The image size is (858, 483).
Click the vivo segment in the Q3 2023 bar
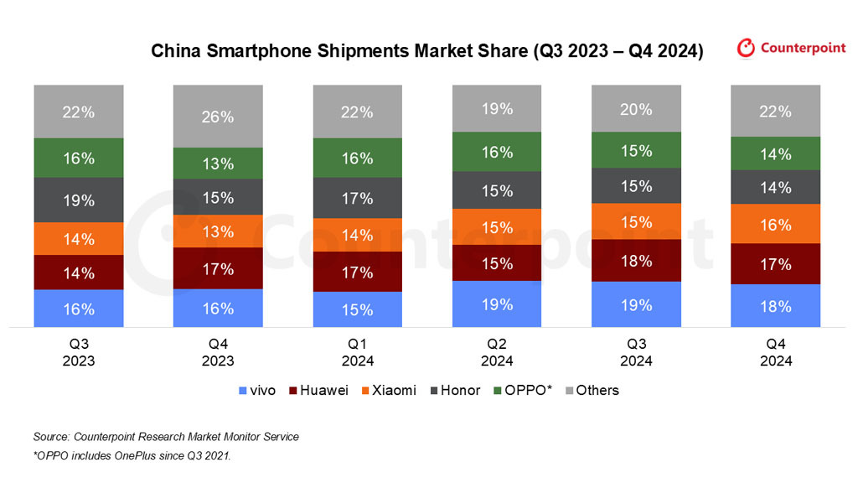(78, 308)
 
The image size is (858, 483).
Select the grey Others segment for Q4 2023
(218, 117)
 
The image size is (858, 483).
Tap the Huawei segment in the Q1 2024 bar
(357, 272)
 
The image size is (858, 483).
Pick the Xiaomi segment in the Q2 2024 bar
(497, 226)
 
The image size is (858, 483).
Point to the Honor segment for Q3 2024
(636, 185)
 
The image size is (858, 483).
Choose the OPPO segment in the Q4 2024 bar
(775, 153)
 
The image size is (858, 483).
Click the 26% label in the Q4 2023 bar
(218, 117)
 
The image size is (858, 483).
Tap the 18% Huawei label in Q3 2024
(636, 261)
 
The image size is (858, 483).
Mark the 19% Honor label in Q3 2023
(78, 200)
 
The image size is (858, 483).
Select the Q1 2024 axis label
(357, 353)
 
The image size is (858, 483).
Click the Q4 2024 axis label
(775, 353)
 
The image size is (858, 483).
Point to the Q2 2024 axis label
(497, 353)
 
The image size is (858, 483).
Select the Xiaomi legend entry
(388, 390)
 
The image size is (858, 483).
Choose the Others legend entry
(592, 390)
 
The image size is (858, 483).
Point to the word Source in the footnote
(51, 437)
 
